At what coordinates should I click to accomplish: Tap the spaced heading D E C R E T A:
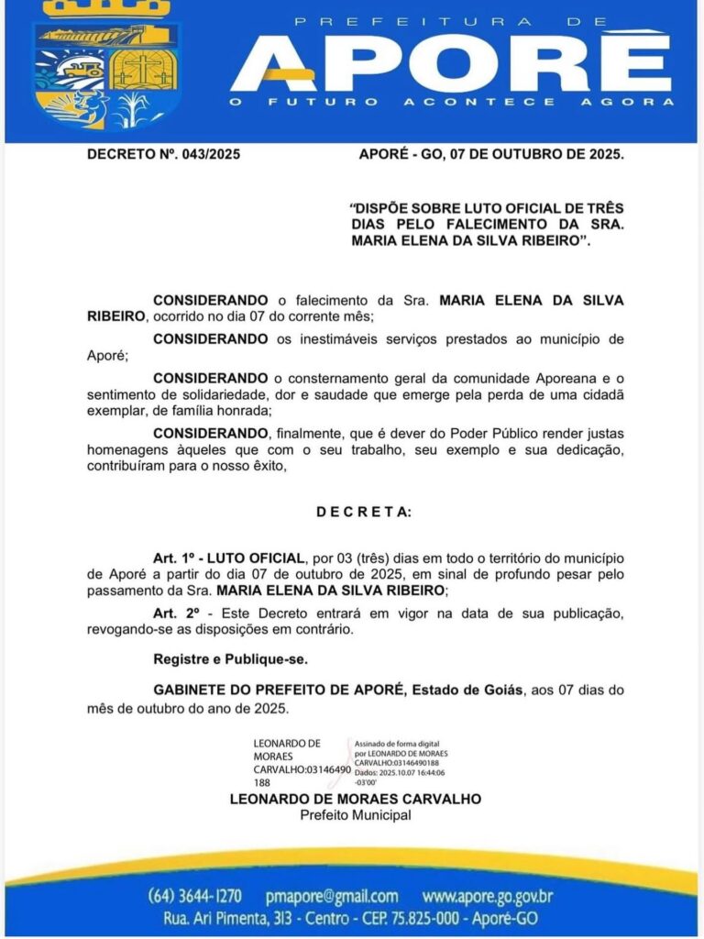pyautogui.click(x=364, y=511)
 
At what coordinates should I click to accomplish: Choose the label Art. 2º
pyautogui.click(x=175, y=613)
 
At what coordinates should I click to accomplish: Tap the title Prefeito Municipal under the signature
pyautogui.click(x=356, y=814)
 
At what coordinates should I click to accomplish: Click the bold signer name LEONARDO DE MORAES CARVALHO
pyautogui.click(x=356, y=799)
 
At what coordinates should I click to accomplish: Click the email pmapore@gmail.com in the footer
pyautogui.click(x=331, y=896)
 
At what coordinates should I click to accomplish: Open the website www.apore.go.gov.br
pyautogui.click(x=488, y=896)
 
